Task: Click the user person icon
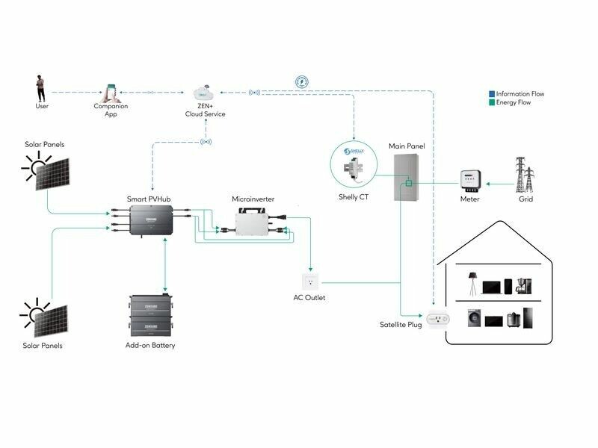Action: point(41,87)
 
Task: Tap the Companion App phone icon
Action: point(111,92)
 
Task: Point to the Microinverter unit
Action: point(254,222)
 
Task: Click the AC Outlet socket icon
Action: point(309,281)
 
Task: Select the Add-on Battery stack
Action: point(155,317)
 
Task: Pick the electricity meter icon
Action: point(469,180)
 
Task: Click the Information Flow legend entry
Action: point(517,95)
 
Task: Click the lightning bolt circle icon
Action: point(302,81)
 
